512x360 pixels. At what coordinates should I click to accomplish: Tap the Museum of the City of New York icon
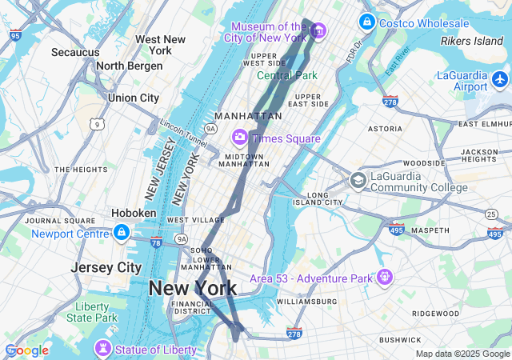coord(318,31)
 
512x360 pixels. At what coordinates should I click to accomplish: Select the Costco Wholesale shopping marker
coord(366,22)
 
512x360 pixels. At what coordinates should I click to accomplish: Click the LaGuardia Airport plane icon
coord(500,79)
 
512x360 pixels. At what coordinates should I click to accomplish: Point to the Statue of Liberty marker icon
coord(102,350)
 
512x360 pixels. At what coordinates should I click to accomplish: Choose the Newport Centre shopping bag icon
coord(121,233)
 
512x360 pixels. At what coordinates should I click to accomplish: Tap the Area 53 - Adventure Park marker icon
coord(386,278)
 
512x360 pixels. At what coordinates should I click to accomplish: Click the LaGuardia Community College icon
coord(358,181)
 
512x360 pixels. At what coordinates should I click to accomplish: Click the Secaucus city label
coord(75,53)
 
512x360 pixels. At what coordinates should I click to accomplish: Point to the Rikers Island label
coord(471,41)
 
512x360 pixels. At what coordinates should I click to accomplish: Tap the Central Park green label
coord(286,76)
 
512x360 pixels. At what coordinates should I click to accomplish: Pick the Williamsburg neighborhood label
coord(307,302)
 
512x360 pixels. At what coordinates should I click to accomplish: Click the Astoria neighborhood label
coord(385,129)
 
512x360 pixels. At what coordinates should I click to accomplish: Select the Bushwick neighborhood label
coord(400,340)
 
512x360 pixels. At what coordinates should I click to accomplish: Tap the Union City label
coord(134,98)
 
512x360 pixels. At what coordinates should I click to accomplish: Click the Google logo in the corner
coord(26,350)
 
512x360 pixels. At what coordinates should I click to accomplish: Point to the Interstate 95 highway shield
coord(16,35)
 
